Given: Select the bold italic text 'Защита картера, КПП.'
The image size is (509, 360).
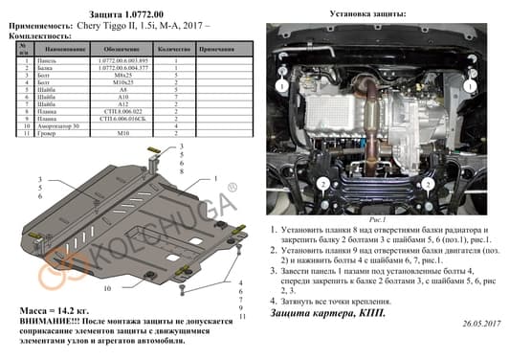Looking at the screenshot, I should click(322, 313).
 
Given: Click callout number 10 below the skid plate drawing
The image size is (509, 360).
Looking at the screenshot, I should click(107, 287).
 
